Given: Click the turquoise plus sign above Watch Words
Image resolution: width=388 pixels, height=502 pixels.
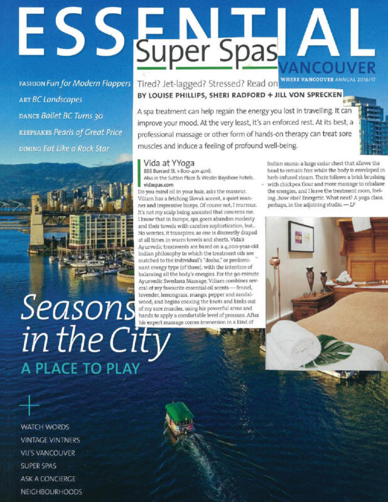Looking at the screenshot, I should (x=29, y=406).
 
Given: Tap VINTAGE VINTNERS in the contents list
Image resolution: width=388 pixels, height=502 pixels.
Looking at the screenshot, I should (x=50, y=440).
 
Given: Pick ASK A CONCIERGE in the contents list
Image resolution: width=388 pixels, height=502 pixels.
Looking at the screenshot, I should (x=51, y=479).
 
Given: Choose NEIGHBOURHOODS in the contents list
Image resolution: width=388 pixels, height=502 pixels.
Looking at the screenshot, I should (x=51, y=492).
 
